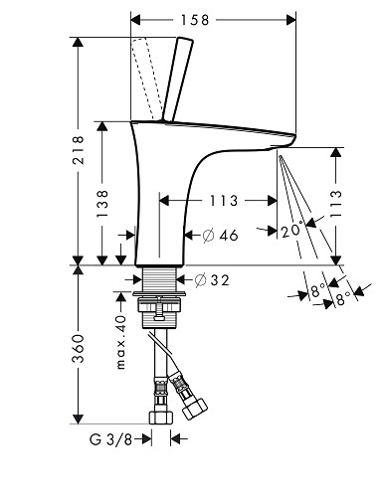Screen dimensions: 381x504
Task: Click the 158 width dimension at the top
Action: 195,20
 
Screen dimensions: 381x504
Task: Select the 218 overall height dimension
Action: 79,150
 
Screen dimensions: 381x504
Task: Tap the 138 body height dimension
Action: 102,204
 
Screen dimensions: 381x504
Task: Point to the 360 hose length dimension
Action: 79,348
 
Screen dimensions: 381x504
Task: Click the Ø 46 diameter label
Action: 220,236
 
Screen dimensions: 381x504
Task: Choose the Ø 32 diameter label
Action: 212,280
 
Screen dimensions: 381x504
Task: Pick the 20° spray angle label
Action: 292,230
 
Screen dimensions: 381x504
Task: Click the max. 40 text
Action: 121,342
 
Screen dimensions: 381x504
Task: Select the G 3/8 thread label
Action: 110,439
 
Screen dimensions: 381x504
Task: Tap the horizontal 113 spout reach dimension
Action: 224,201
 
